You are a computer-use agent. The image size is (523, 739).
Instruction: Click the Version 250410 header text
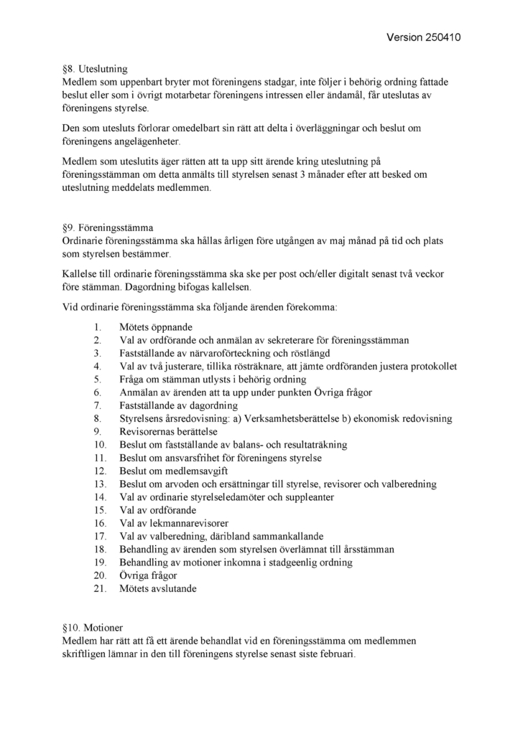tap(422, 37)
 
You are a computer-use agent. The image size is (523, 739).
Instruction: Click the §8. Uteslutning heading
tap(95, 70)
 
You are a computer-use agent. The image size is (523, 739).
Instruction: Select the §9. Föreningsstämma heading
tap(108, 228)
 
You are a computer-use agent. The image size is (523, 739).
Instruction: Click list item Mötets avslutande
tap(157, 589)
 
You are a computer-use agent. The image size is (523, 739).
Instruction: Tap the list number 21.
tap(100, 589)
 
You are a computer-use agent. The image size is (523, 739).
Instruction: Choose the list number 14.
tap(100, 497)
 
